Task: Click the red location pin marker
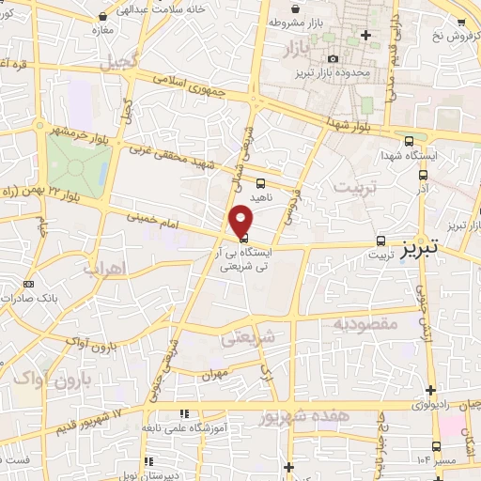pos(241,219)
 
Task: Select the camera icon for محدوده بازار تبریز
pos(333,59)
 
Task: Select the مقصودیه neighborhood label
pos(366,324)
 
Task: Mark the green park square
pos(79,164)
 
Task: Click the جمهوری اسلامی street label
pos(191,98)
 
